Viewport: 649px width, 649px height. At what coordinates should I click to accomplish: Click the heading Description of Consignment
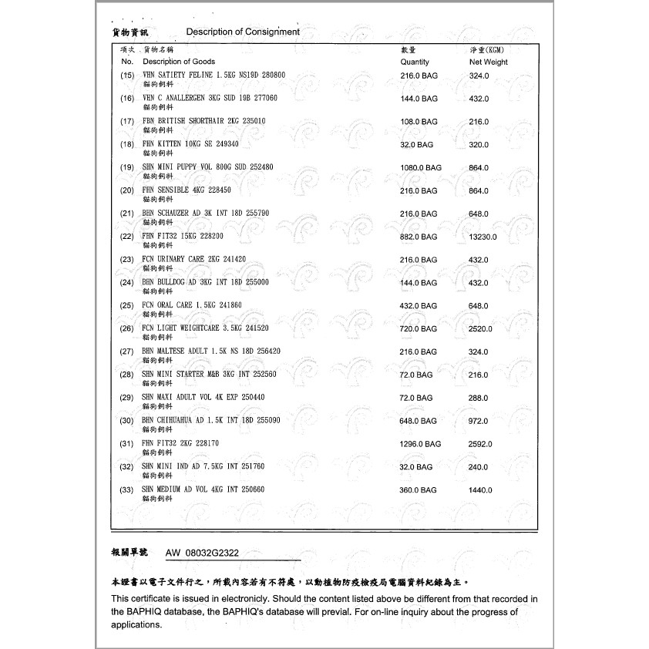243,32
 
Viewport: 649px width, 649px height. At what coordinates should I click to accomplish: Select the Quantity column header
415,62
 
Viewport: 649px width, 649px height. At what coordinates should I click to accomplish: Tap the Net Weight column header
489,62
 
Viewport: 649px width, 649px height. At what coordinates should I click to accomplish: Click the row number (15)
127,76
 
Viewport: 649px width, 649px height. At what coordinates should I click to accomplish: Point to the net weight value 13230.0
483,237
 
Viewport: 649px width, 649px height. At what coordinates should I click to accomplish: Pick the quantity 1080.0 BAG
421,167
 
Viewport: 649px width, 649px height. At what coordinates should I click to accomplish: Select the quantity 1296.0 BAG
421,444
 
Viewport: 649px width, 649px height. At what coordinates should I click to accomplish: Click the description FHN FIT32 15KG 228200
183,236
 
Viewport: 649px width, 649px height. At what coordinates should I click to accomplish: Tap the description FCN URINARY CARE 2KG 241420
194,259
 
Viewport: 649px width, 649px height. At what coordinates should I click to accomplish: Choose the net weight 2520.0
481,329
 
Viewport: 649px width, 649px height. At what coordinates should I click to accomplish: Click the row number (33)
127,490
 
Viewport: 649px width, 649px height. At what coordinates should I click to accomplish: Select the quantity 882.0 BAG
419,237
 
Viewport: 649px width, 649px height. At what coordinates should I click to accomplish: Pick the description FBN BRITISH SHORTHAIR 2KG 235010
204,121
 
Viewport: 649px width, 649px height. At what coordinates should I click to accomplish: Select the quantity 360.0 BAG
419,490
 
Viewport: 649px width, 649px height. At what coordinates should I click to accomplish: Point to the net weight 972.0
479,421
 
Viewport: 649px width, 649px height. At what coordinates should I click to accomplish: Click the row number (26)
127,329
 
